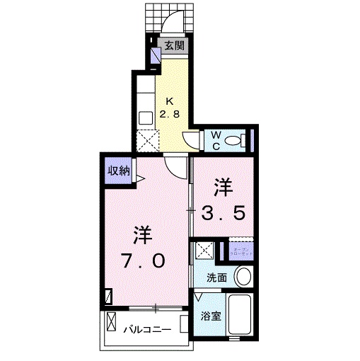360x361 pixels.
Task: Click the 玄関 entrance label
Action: (x=175, y=46)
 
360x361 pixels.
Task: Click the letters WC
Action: (x=216, y=138)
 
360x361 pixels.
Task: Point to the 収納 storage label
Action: (x=118, y=171)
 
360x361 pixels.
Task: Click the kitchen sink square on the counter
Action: (x=146, y=118)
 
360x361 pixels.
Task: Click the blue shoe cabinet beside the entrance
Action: (x=156, y=55)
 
